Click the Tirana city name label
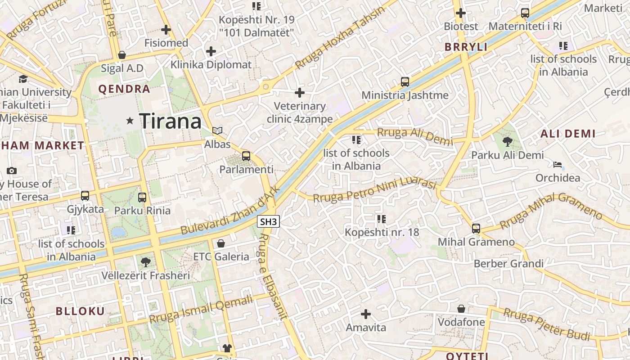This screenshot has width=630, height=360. (x=170, y=121)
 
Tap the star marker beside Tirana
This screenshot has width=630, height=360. (x=130, y=121)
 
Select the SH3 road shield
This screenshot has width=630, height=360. (x=269, y=221)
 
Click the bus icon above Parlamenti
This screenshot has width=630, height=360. (x=246, y=156)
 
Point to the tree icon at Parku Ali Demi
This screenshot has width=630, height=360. (x=507, y=142)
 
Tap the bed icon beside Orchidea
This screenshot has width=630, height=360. (x=558, y=165)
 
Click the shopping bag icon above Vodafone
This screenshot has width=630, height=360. (x=461, y=309)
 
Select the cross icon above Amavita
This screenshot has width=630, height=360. (x=366, y=314)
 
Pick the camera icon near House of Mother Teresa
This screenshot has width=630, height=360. (x=12, y=171)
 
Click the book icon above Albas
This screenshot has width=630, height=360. (x=217, y=131)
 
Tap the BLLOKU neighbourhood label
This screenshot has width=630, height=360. (x=80, y=311)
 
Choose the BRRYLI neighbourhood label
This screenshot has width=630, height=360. (x=466, y=47)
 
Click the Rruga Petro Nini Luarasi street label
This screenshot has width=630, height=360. (x=375, y=191)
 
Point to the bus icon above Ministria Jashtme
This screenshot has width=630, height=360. (x=405, y=82)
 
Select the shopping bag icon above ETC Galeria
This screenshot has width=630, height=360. (x=221, y=243)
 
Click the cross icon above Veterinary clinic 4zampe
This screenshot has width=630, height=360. (x=300, y=93)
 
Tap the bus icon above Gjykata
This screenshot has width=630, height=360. (x=85, y=196)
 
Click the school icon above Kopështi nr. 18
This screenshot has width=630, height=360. (x=382, y=219)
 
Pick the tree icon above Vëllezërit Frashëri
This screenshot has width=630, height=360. (x=145, y=262)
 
